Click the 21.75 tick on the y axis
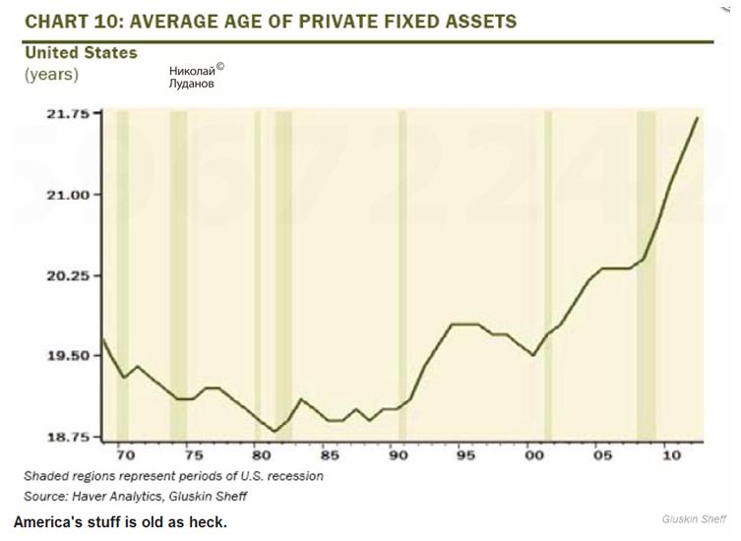69,114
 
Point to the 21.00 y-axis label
69,195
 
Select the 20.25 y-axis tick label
69,275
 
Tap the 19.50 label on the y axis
69,356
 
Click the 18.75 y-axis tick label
69,437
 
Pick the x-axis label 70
125,455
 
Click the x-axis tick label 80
260,455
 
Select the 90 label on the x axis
398,455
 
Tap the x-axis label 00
534,455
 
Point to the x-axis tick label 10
671,455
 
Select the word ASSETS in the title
471,21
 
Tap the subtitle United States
81,52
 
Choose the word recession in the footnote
291,475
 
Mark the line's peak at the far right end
698,117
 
